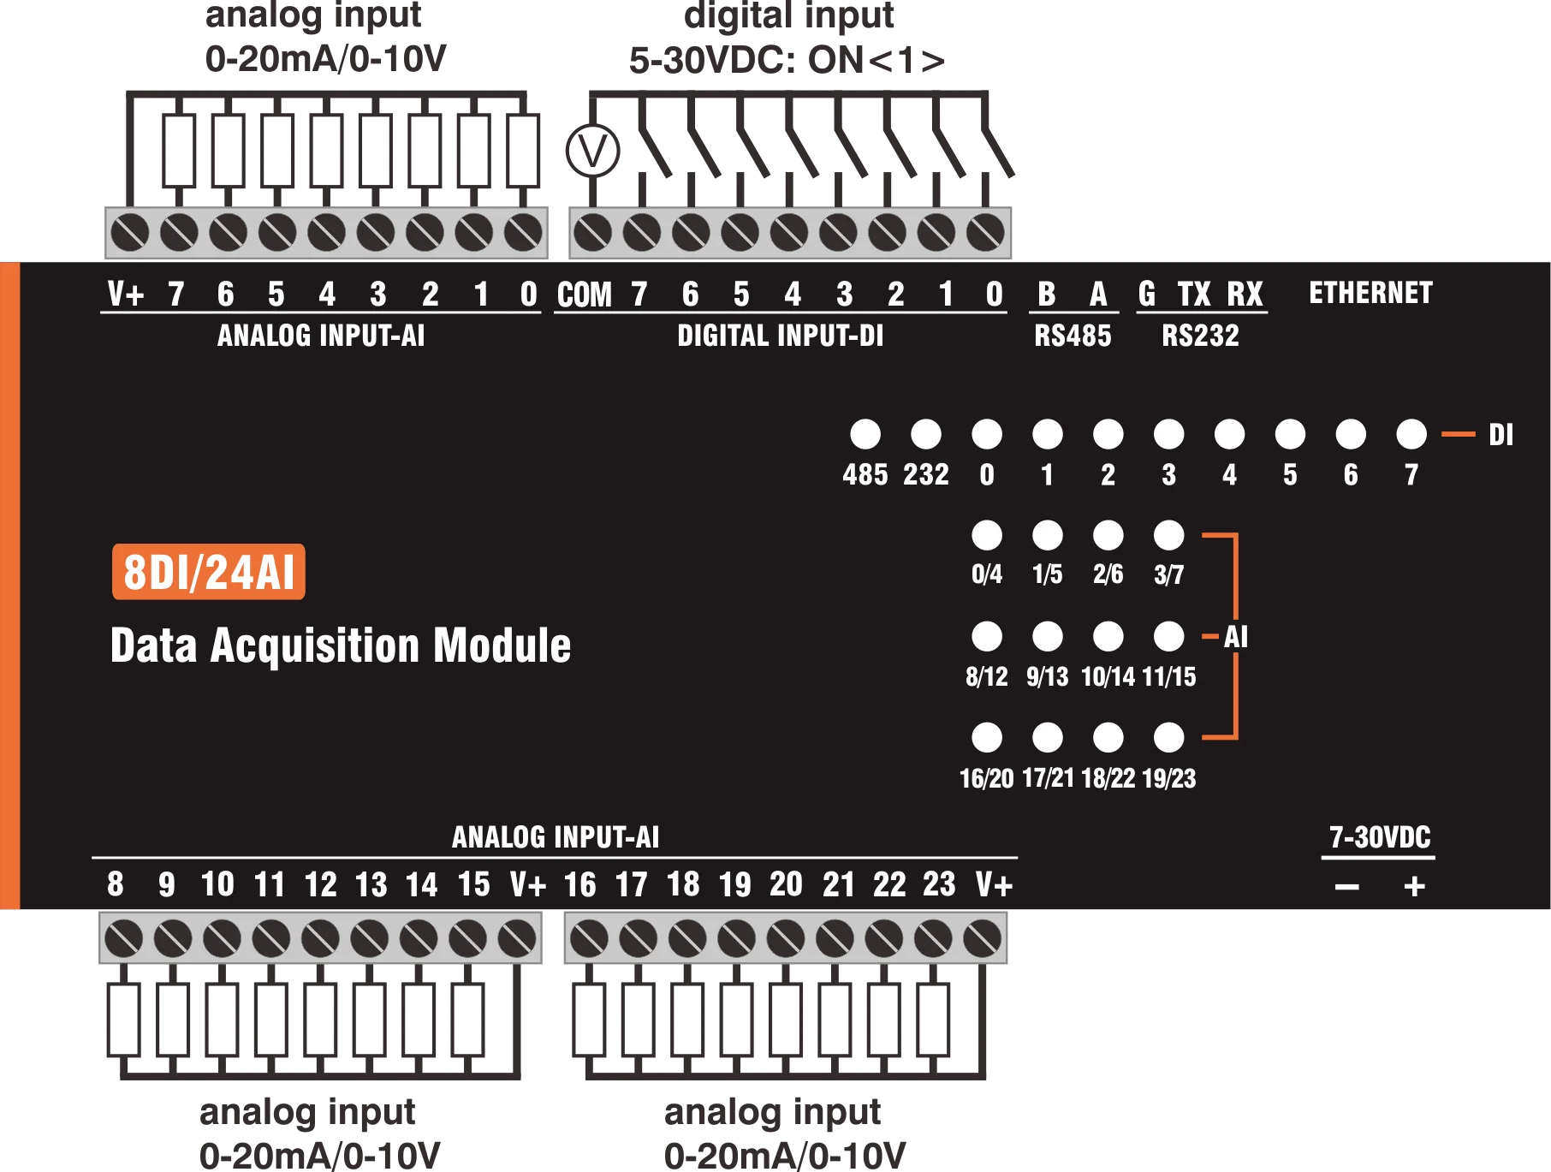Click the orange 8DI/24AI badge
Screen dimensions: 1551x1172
(x=209, y=572)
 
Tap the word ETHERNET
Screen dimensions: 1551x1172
(x=1370, y=293)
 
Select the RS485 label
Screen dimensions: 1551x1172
(x=1073, y=336)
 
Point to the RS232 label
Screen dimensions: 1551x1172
(x=1200, y=336)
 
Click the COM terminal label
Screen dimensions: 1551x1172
(x=584, y=295)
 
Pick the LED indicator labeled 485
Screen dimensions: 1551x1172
(x=865, y=434)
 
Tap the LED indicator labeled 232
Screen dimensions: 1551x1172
(x=926, y=434)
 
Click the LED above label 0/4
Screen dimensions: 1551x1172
(x=987, y=535)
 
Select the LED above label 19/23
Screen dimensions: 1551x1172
(x=1169, y=737)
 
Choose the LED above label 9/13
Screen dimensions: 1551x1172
(x=1048, y=636)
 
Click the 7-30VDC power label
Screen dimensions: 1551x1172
(x=1380, y=836)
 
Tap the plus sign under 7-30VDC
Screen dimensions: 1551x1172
(x=1414, y=886)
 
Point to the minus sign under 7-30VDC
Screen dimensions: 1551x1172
(x=1346, y=887)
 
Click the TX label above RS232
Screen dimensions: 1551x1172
(x=1194, y=294)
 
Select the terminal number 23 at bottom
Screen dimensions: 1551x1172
(x=939, y=884)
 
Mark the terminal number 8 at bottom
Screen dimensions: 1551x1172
(x=116, y=884)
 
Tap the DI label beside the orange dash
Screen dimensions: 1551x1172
(x=1500, y=435)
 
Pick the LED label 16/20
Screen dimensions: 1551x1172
(x=986, y=778)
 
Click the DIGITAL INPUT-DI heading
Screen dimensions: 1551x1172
(x=780, y=336)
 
